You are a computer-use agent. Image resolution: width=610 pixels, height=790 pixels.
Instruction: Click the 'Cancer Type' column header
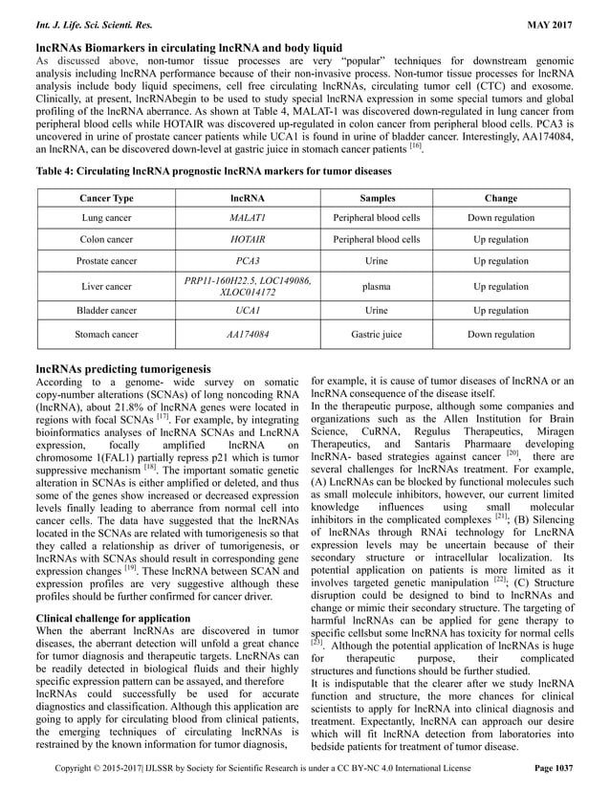[106, 198]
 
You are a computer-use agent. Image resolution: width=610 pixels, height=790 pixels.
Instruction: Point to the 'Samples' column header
[362, 198]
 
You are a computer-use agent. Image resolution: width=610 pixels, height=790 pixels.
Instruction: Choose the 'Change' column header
[501, 198]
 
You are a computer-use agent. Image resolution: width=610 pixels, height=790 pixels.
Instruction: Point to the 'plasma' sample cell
[362, 285]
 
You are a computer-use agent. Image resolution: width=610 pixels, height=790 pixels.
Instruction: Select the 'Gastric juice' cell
[362, 335]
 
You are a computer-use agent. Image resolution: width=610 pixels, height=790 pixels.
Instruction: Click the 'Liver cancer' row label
[106, 285]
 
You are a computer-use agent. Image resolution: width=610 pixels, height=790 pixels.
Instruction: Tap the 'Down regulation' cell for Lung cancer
[501, 218]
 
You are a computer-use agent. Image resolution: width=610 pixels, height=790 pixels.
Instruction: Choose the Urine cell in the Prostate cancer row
[362, 260]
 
